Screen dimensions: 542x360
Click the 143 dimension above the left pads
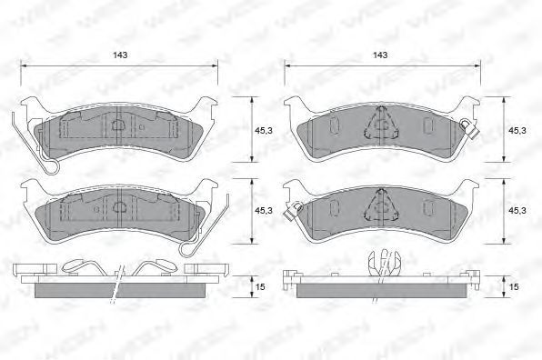tap(120, 55)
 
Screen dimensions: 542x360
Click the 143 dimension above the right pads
tap(380, 55)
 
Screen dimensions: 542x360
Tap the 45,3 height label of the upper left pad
tap(264, 130)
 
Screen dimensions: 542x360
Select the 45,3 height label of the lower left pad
tap(264, 210)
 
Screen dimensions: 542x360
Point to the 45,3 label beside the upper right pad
tap(517, 130)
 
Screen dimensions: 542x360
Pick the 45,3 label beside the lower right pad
tap(517, 210)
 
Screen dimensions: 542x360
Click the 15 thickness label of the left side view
tap(261, 286)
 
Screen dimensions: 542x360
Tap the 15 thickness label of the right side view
tap(515, 286)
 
